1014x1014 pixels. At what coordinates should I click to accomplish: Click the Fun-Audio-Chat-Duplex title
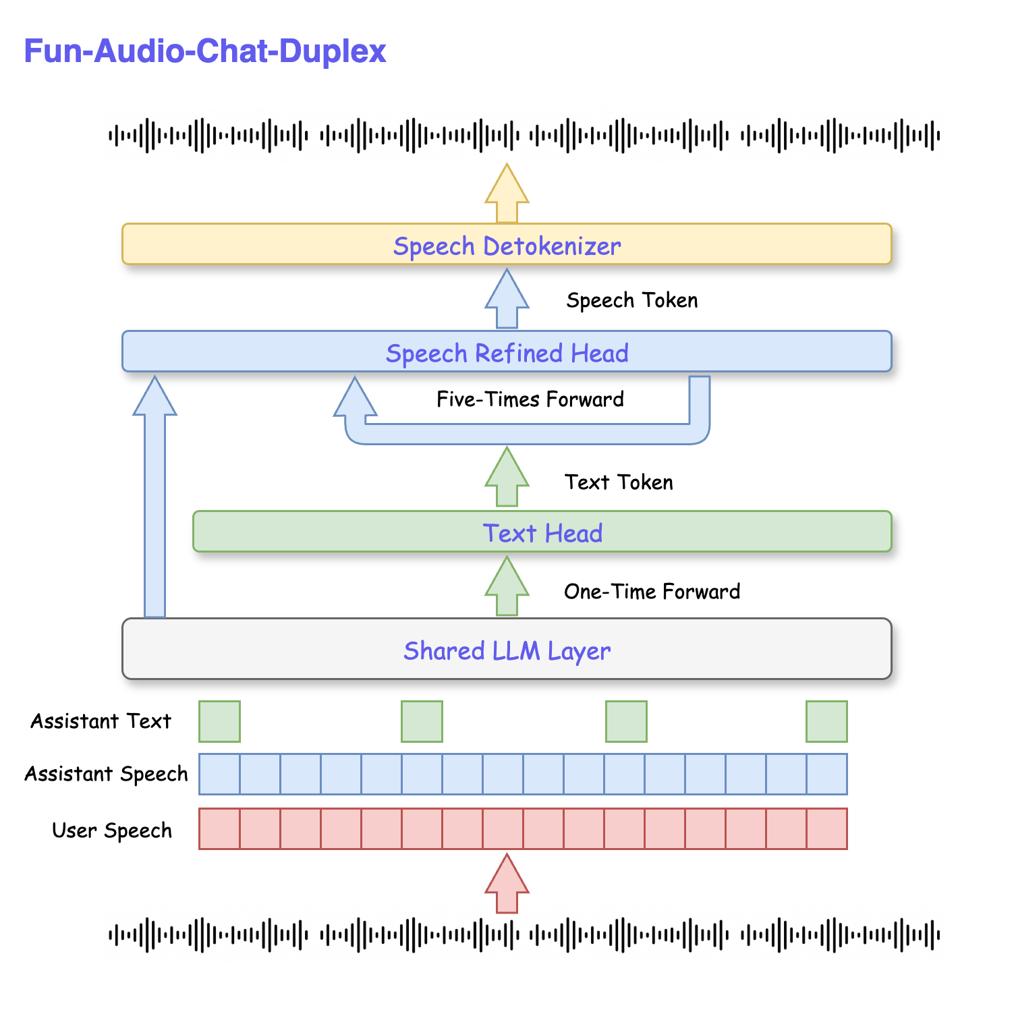click(x=204, y=51)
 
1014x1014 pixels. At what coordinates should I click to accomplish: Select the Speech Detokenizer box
click(x=507, y=244)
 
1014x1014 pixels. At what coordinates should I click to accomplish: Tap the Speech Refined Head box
click(x=507, y=351)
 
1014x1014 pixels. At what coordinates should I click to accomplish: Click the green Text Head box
click(x=542, y=532)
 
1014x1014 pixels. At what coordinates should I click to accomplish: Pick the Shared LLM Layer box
click(x=507, y=649)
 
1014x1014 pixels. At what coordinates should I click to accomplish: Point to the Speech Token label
click(x=631, y=300)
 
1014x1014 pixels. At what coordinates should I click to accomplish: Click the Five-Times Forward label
click(x=530, y=399)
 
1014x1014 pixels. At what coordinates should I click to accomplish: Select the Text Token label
click(x=619, y=482)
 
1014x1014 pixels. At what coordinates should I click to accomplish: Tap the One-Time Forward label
click(x=652, y=592)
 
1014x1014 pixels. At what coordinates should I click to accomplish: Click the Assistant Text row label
click(x=101, y=721)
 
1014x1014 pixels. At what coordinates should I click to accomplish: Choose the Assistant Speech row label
click(x=106, y=774)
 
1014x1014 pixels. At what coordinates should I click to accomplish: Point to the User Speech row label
click(x=112, y=830)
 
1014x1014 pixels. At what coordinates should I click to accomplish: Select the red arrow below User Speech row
click(x=507, y=884)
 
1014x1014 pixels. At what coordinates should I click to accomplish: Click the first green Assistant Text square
click(x=219, y=721)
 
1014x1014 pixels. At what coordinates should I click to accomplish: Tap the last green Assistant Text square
click(x=826, y=721)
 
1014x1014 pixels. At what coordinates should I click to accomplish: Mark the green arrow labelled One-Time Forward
click(x=507, y=586)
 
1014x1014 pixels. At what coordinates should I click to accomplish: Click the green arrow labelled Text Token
click(x=507, y=477)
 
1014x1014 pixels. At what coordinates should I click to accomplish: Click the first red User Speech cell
click(x=219, y=828)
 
